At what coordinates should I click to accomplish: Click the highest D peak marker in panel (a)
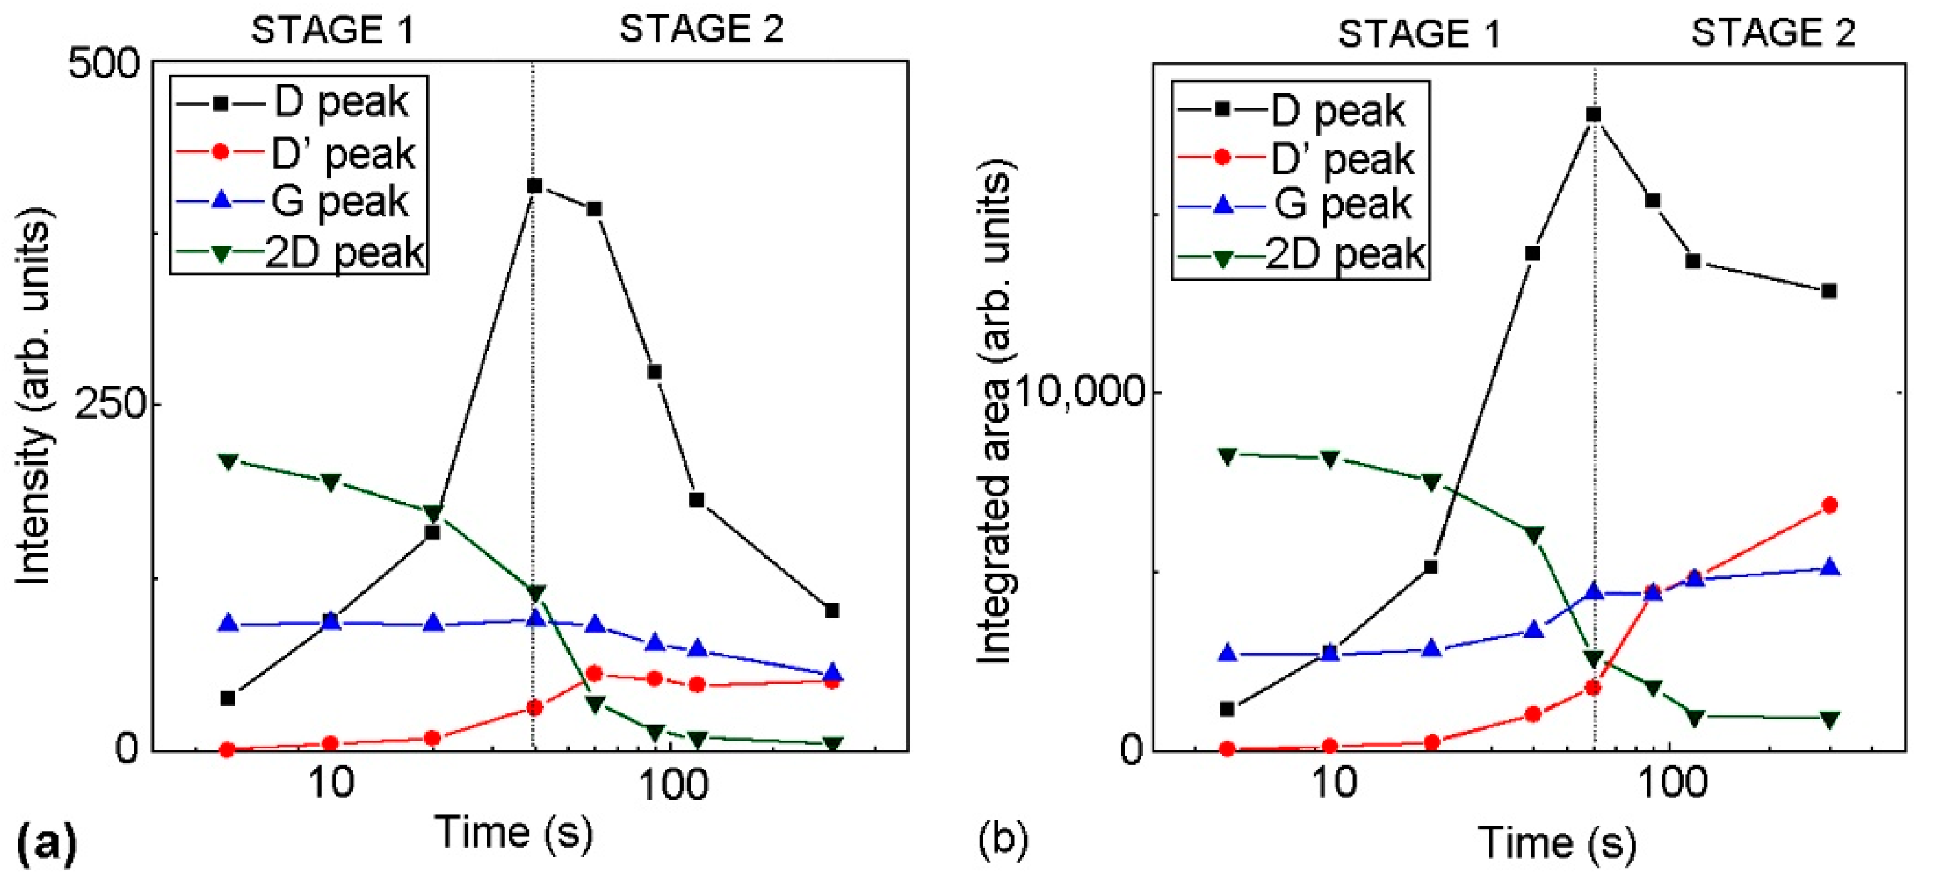coord(535,185)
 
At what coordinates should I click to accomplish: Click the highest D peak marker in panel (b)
coord(1594,115)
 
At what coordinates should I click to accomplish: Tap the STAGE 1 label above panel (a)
coord(333,31)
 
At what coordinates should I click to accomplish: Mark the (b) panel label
coord(1003,841)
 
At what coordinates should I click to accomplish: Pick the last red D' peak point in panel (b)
coord(1830,505)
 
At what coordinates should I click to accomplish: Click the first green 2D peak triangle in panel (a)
coord(228,461)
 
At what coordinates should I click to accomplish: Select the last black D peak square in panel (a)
coord(832,611)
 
